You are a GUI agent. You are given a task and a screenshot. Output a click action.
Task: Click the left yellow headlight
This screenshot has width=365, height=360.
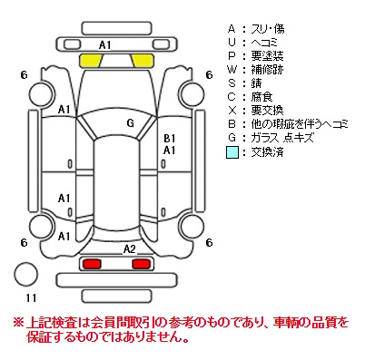[90, 60]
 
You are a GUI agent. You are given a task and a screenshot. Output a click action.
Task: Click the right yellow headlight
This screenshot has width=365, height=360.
[143, 60]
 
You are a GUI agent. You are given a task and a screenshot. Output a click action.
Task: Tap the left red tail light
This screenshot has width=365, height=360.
[92, 264]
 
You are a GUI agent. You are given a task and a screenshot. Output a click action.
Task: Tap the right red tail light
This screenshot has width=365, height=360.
[142, 264]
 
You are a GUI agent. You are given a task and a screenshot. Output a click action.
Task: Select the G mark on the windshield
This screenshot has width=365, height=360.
[131, 123]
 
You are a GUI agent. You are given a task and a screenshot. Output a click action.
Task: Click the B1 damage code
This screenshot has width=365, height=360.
[170, 139]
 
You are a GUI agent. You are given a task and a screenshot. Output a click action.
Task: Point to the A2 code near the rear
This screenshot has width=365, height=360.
[129, 249]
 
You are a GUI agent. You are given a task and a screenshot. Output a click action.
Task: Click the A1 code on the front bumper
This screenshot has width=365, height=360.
[105, 45]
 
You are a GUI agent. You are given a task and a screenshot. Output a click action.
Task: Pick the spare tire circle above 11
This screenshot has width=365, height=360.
[25, 274]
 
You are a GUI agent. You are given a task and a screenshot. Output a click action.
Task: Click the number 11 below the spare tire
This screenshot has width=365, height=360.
[31, 298]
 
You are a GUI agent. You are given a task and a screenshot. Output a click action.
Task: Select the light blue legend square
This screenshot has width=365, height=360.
[232, 152]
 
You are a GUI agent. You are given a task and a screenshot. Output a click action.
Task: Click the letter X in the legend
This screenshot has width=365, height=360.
[232, 111]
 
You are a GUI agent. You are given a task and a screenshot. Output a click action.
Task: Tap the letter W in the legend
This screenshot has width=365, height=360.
[232, 70]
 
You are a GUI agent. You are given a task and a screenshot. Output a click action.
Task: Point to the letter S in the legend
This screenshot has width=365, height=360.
[232, 83]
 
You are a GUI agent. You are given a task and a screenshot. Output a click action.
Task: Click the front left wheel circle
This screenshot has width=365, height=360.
[42, 94]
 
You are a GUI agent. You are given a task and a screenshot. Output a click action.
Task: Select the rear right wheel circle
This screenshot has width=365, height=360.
[192, 227]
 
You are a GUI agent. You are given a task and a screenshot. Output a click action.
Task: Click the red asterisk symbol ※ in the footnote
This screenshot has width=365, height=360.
[18, 323]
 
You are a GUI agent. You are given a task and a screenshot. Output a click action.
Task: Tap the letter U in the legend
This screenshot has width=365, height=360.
[232, 43]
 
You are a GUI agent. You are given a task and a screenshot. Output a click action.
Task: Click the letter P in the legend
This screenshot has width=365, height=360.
[232, 56]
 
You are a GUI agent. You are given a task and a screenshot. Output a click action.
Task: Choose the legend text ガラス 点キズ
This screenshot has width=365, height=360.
[281, 138]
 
